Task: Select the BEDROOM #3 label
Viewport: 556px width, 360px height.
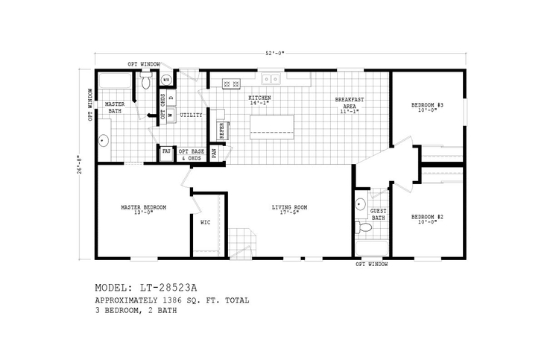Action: pos(428,105)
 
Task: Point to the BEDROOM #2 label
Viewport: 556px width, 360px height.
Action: pos(428,217)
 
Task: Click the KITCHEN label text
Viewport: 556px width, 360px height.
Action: pos(259,98)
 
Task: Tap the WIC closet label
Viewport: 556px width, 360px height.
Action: pos(206,221)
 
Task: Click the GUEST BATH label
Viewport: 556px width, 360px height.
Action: pos(378,214)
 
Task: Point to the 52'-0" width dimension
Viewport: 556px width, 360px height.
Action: pos(277,53)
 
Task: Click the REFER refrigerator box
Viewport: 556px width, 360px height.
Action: pos(221,130)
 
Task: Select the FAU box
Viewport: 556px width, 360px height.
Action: pos(166,151)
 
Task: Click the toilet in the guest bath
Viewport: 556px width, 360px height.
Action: pos(363,227)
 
